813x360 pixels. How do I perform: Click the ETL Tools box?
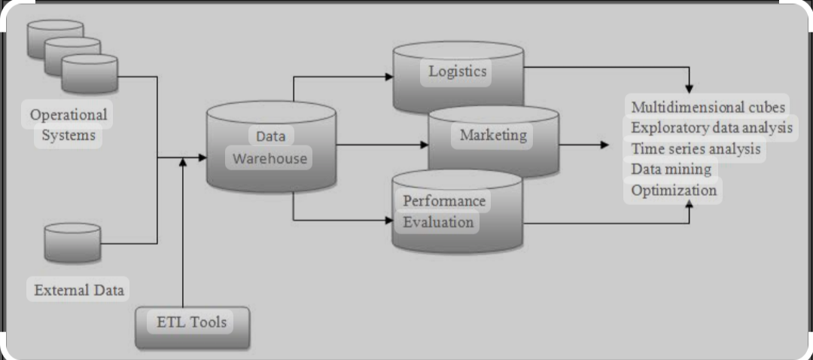[x=191, y=323]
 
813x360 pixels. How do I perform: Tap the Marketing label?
[x=493, y=136]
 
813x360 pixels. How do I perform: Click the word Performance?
[x=444, y=202]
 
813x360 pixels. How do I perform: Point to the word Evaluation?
[x=439, y=222]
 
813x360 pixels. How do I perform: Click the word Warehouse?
[x=269, y=159]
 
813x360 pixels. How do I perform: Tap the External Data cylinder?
[x=72, y=243]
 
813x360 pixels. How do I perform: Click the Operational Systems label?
[x=69, y=125]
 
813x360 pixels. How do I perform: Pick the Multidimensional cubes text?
[x=708, y=106]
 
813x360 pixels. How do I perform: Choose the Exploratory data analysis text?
[x=711, y=127]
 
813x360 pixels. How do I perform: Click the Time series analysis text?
[x=696, y=148]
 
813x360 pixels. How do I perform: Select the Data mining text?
[x=671, y=169]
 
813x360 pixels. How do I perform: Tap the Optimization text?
[x=674, y=191]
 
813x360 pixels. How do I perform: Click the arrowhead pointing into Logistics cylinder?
[x=388, y=77]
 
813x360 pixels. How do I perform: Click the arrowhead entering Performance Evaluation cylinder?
[x=388, y=221]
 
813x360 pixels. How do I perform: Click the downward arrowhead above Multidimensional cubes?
[x=689, y=89]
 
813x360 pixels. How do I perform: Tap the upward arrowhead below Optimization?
[x=689, y=205]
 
